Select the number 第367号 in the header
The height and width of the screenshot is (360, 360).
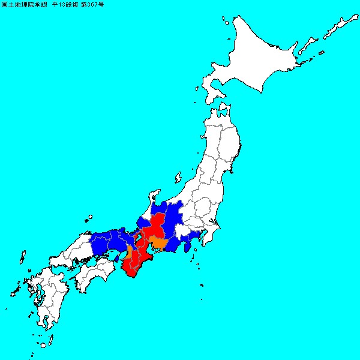click(x=89, y=4)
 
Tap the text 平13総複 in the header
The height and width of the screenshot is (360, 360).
click(x=60, y=4)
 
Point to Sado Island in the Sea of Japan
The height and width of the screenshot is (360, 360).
click(x=178, y=178)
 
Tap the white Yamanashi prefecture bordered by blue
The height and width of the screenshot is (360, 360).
click(x=185, y=233)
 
